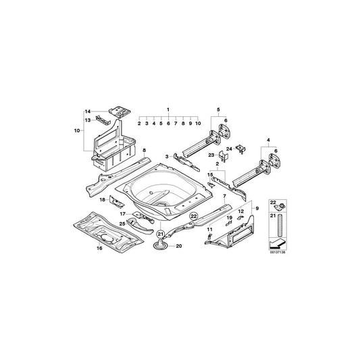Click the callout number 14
tap(87, 111)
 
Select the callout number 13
tap(87, 120)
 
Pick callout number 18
tap(103, 200)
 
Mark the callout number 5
tap(218, 109)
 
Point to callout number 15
tap(210, 174)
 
